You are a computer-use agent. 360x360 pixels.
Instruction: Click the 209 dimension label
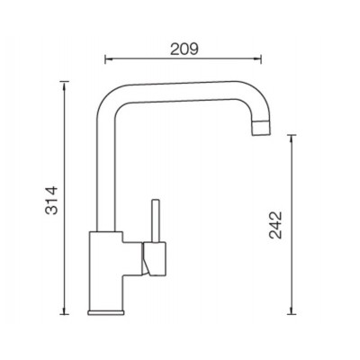[x=184, y=49]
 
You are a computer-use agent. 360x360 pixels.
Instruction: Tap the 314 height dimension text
[x=51, y=200]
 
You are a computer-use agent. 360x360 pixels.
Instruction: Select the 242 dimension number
[x=275, y=225]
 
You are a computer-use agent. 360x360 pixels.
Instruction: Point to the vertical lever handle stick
[x=156, y=220]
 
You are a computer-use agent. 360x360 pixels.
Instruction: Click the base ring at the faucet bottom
[x=105, y=312]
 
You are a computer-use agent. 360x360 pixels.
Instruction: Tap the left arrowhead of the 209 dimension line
[x=107, y=59]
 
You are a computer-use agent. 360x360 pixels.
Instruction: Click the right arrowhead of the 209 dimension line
[x=258, y=59]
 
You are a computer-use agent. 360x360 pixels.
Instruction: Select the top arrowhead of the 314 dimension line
[x=64, y=85]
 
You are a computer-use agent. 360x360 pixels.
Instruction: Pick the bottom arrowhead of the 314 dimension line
[x=64, y=310]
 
